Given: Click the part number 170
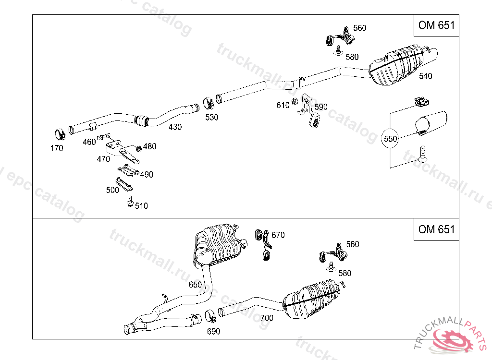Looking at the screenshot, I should click(57, 148).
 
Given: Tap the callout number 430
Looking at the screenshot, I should click(175, 127).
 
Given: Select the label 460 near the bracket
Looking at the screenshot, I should click(89, 142).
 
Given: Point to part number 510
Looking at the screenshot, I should click(141, 206).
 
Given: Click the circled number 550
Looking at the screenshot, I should click(390, 139).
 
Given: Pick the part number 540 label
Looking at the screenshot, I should click(425, 76).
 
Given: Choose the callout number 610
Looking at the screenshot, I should click(283, 106).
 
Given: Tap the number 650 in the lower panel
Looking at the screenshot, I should click(195, 285).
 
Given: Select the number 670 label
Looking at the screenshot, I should click(278, 235).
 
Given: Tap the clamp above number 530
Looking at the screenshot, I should click(209, 103).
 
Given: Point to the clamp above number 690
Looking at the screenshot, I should click(210, 316).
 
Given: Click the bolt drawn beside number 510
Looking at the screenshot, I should click(129, 203).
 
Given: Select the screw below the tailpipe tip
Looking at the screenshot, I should click(422, 154).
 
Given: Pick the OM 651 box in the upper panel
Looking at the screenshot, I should click(436, 25).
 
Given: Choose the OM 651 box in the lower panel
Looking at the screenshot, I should click(436, 229).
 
